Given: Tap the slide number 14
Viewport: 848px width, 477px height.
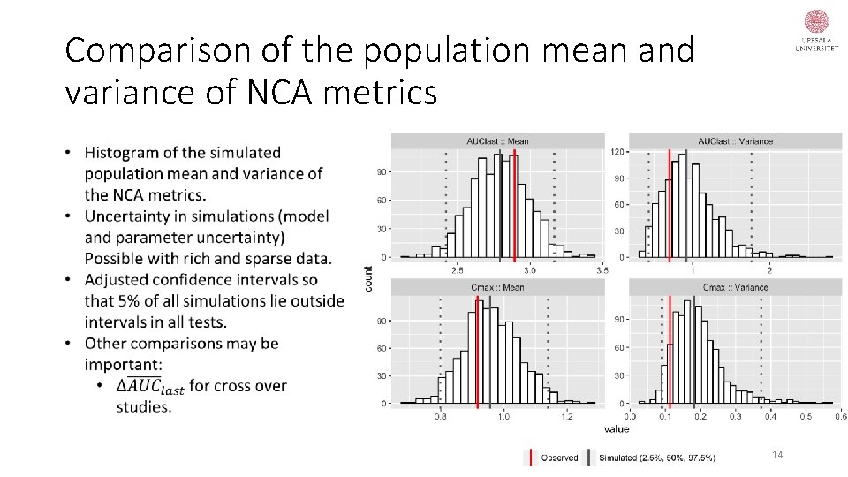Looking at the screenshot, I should point(777,455).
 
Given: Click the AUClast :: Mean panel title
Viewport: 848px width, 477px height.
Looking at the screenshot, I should point(497,140).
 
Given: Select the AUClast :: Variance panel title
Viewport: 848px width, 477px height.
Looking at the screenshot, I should point(735,140).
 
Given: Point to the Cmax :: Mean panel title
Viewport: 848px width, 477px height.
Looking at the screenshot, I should point(497,287).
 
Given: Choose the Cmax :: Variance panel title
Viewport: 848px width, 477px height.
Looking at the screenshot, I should point(735,287).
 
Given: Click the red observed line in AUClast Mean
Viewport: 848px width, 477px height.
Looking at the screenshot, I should point(515,203).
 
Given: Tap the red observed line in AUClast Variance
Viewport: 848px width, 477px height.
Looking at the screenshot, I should point(670,203).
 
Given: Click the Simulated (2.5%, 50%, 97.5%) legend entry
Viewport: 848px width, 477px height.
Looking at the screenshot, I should point(655,457).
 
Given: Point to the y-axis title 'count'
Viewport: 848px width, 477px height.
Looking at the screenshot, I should point(368,278).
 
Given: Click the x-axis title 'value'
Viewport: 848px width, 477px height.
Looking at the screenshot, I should point(617,428).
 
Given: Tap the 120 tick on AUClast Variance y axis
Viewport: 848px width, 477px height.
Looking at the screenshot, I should point(618,152).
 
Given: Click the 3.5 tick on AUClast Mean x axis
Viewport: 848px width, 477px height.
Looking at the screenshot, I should point(601,269).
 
